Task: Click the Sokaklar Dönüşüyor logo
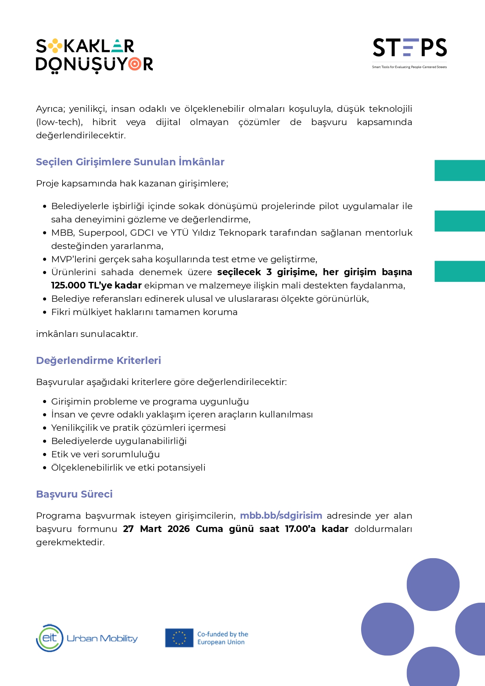pyautogui.click(x=94, y=56)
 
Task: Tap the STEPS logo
pyautogui.click(x=410, y=48)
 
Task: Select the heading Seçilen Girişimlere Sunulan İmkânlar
pyautogui.click(x=130, y=162)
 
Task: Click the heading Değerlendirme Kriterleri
pyautogui.click(x=98, y=360)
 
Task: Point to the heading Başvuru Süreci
pyautogui.click(x=74, y=494)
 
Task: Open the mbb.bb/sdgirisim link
pyautogui.click(x=281, y=516)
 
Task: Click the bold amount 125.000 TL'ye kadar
pyautogui.click(x=96, y=285)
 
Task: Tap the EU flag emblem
pyautogui.click(x=179, y=638)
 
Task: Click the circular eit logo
pyautogui.click(x=50, y=638)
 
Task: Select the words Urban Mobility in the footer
pyautogui.click(x=102, y=638)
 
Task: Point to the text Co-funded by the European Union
pyautogui.click(x=222, y=638)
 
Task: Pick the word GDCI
pyautogui.click(x=142, y=233)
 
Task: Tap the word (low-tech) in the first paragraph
pyautogui.click(x=59, y=122)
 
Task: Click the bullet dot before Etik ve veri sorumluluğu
pyautogui.click(x=45, y=455)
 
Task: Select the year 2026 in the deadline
pyautogui.click(x=179, y=529)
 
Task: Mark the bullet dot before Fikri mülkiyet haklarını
pyautogui.click(x=45, y=312)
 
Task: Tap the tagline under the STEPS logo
pyautogui.click(x=409, y=67)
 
